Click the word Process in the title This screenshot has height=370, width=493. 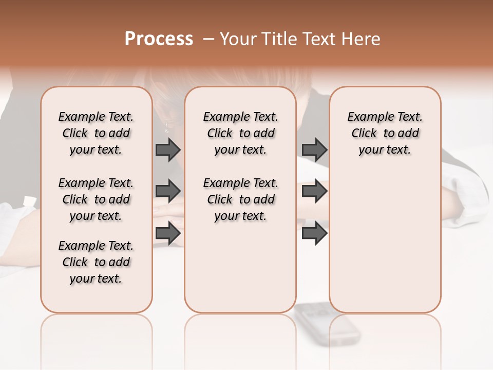pos(159,39)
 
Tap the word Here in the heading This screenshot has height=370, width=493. pos(362,39)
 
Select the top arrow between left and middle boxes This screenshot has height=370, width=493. pos(168,150)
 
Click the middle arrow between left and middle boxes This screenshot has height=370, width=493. pos(168,191)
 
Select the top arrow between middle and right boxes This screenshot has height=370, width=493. pos(314,150)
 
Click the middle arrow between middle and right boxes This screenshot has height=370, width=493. pos(314,191)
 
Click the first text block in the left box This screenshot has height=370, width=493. pos(96,133)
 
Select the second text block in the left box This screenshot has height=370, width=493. pos(96,199)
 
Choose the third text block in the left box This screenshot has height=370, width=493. pos(96,262)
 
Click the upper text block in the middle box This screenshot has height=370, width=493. pos(240,133)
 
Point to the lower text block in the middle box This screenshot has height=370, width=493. pos(240,199)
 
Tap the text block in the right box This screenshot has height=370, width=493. pos(385,133)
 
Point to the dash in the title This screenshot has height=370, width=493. pos(208,39)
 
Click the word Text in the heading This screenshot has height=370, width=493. pos(318,39)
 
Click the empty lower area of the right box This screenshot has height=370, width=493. pos(385,242)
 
